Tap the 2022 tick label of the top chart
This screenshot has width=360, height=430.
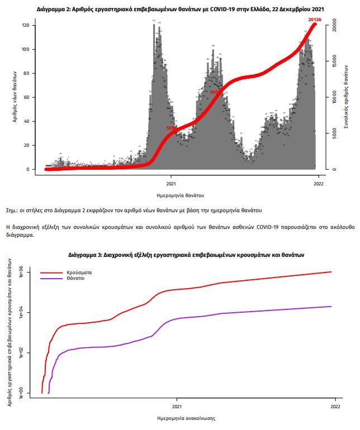(318, 183)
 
